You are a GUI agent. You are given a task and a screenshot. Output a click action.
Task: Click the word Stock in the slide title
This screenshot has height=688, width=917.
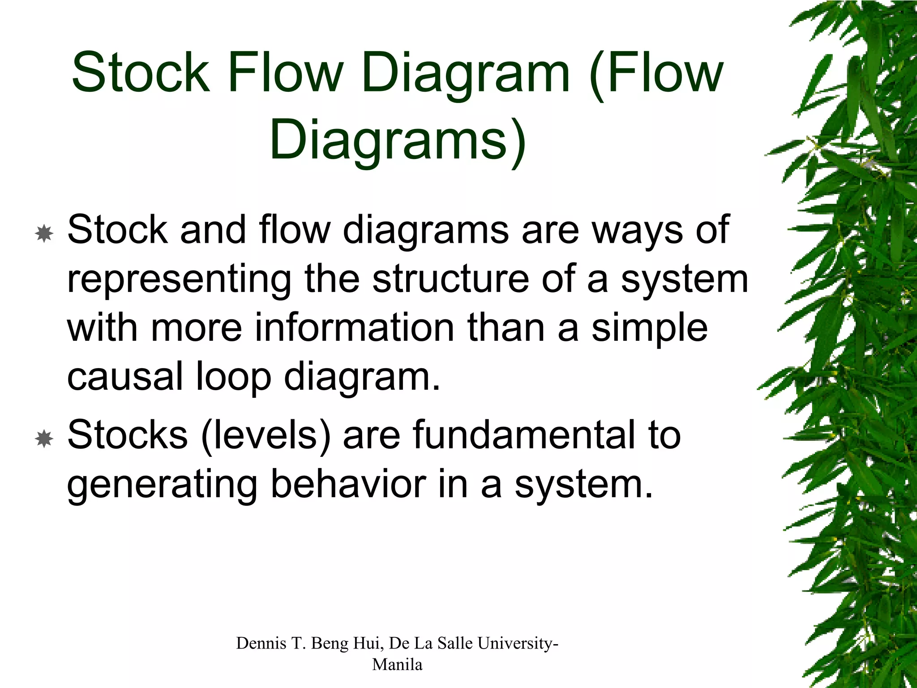(x=141, y=73)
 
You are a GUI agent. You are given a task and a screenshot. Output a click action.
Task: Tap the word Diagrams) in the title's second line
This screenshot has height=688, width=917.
(x=398, y=140)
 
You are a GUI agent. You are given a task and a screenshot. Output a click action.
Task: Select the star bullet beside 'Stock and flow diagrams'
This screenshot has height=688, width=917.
(x=44, y=234)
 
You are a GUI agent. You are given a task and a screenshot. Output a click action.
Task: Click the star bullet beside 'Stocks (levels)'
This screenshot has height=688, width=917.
(x=44, y=439)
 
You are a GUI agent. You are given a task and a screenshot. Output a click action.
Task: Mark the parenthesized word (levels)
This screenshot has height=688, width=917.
(x=266, y=435)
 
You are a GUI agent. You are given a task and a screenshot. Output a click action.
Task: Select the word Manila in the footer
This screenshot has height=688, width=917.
(x=397, y=664)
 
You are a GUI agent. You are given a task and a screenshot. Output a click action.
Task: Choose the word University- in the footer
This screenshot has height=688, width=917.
(x=518, y=644)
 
